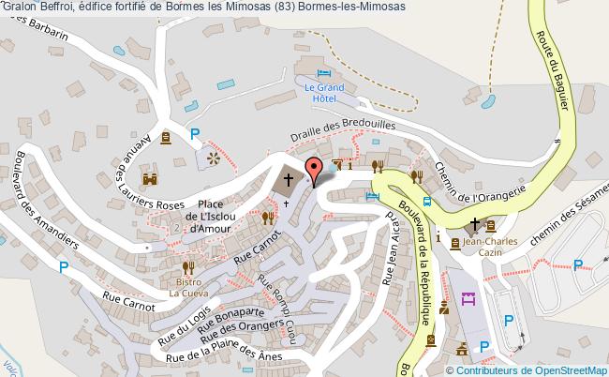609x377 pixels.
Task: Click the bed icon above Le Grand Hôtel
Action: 324,73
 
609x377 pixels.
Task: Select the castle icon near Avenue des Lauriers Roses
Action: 149,177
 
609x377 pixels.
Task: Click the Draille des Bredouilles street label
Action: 343,128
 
